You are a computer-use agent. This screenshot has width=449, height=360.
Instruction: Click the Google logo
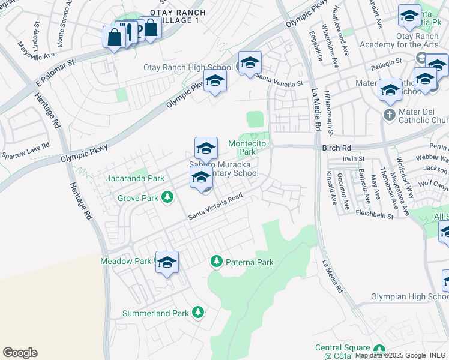20,353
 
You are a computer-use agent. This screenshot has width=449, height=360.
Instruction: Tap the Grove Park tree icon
169,197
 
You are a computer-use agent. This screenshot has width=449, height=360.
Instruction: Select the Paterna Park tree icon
216,262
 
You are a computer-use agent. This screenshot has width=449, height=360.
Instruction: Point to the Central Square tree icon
378,349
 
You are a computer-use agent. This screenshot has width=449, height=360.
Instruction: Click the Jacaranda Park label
135,178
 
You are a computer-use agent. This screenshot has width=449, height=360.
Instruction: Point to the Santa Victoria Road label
215,206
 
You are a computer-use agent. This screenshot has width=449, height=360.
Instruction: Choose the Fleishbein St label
373,212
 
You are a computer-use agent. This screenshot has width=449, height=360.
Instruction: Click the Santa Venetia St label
279,80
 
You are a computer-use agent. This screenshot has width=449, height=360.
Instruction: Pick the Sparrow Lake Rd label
25,150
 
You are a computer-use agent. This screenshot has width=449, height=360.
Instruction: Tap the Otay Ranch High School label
188,67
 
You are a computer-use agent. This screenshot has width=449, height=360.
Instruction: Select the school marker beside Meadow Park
167,263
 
